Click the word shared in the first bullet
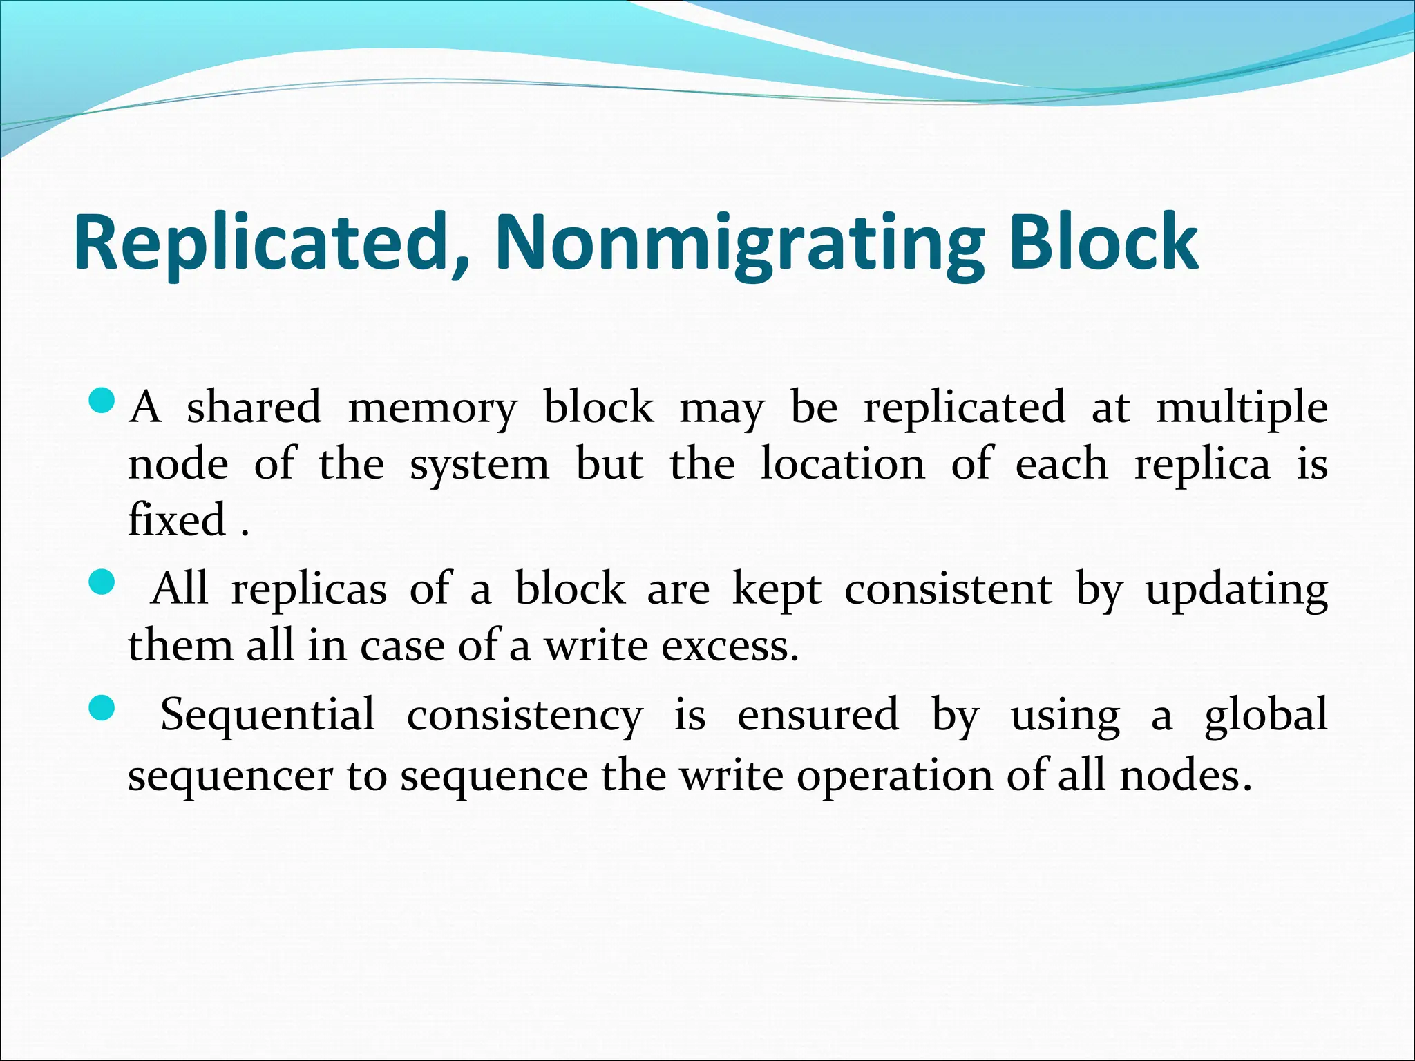click(254, 407)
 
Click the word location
click(842, 463)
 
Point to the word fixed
click(177, 519)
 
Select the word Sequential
click(267, 715)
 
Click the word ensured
click(818, 715)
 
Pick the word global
click(1266, 715)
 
